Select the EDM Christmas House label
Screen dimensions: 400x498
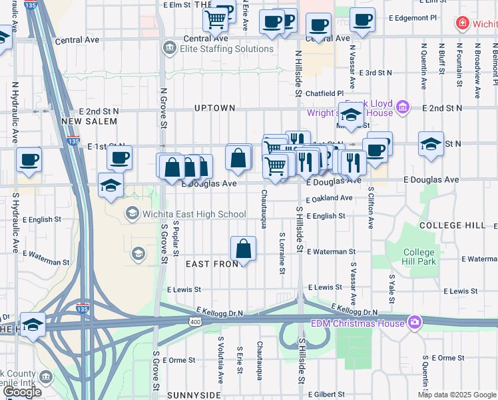(358, 323)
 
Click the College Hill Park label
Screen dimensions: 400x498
(419, 257)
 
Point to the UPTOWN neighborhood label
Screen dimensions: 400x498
(214, 108)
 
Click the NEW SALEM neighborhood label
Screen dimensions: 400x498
(89, 121)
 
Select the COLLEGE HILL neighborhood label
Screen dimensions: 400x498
(453, 225)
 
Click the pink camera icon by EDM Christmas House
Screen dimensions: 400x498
(415, 323)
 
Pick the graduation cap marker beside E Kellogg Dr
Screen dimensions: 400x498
(33, 325)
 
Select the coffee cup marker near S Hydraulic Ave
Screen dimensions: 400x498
(29, 160)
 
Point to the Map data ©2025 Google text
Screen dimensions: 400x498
(457, 395)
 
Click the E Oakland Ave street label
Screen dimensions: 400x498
(329, 199)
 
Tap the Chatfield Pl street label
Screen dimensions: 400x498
(324, 93)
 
